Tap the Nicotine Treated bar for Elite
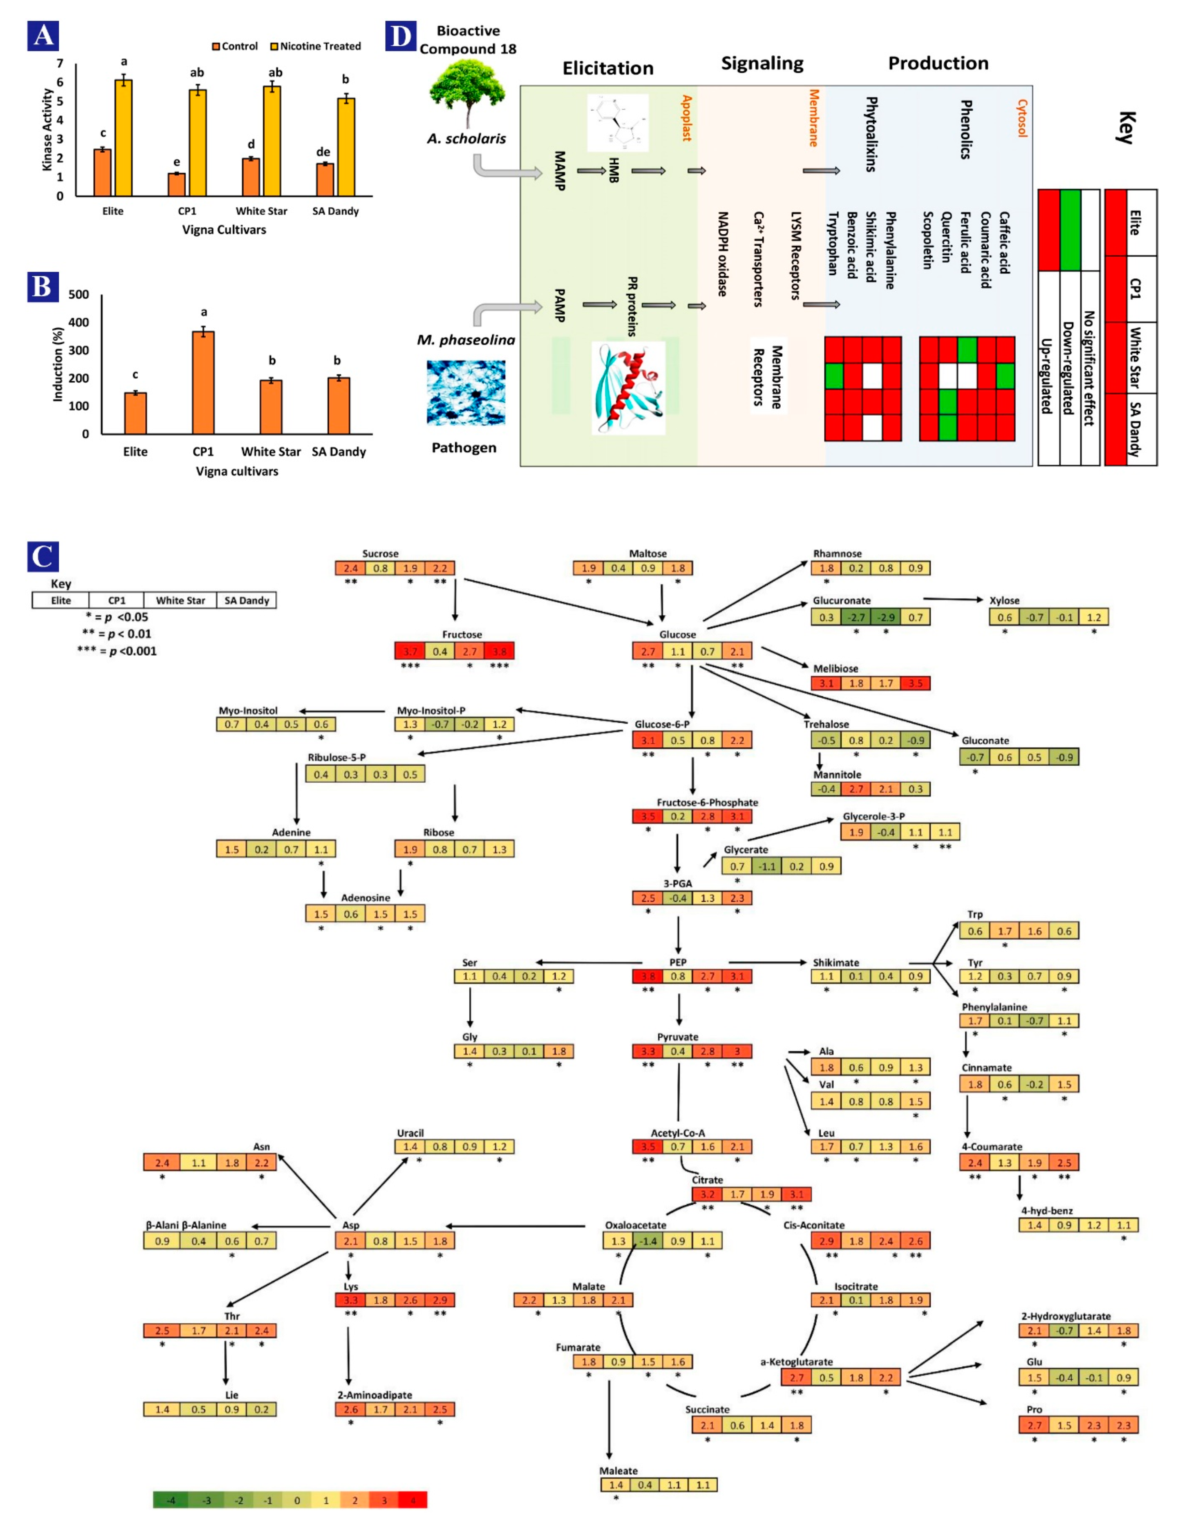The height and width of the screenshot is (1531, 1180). pos(123,137)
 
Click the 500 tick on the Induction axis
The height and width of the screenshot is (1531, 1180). pos(79,295)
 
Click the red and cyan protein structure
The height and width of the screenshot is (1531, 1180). pos(628,388)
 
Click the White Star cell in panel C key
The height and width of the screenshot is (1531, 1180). pos(180,600)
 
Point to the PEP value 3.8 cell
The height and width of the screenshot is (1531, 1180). pos(647,976)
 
